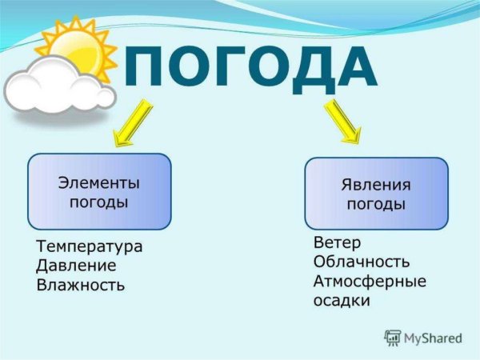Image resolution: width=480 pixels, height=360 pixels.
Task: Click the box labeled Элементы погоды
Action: coord(99,191)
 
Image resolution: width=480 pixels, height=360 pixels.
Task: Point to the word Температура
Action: coord(90,246)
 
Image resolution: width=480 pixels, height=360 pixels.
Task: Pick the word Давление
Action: coord(77,265)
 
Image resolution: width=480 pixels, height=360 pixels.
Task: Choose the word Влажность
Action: coord(81,284)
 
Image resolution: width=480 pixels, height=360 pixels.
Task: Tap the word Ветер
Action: coord(337,242)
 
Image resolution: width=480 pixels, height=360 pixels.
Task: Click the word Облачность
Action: coord(362,262)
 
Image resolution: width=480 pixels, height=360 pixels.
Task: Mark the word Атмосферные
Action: coord(370,281)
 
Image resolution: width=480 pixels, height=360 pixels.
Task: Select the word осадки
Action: coord(342,301)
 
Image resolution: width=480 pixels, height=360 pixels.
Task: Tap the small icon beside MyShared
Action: coord(392,337)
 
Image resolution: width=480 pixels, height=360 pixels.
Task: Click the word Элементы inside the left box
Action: coord(99,182)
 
